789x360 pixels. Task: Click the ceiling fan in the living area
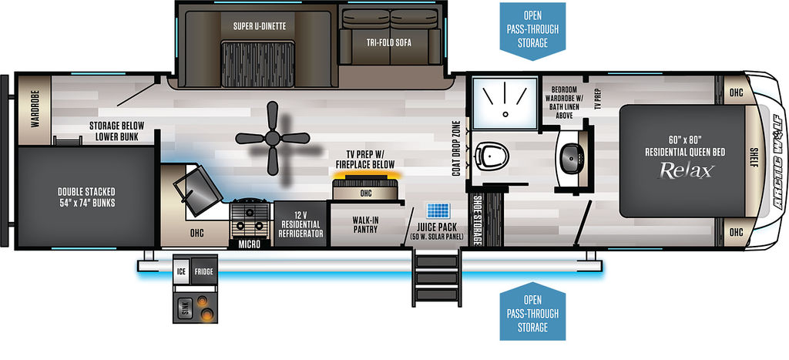pyautogui.click(x=272, y=138)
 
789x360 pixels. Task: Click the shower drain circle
pyautogui.click(x=505, y=114)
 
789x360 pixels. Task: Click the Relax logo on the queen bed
pyautogui.click(x=685, y=171)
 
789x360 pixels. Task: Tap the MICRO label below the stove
pyautogui.click(x=250, y=244)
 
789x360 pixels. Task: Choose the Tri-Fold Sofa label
pyautogui.click(x=388, y=43)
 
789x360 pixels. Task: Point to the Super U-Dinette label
pyautogui.click(x=260, y=26)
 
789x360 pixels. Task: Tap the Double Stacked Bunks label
pyautogui.click(x=86, y=197)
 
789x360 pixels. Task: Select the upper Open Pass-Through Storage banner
pyautogui.click(x=532, y=31)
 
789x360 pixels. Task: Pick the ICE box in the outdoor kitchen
pyautogui.click(x=181, y=271)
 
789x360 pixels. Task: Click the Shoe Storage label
pyautogui.click(x=476, y=220)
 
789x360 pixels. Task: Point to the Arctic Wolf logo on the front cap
pyautogui.click(x=778, y=161)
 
